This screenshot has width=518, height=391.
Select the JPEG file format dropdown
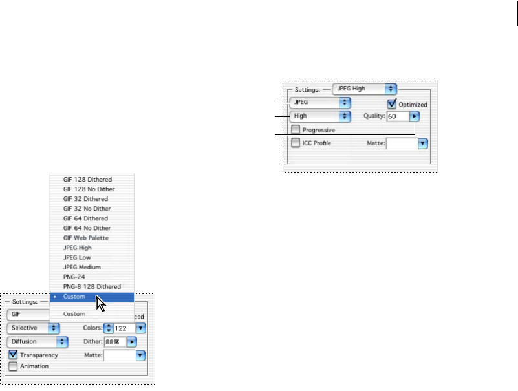click(x=320, y=102)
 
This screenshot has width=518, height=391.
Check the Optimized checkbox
click(x=392, y=104)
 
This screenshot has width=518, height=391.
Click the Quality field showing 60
click(x=397, y=116)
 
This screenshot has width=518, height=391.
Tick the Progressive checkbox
click(x=296, y=130)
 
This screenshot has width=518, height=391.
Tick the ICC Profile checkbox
click(x=296, y=143)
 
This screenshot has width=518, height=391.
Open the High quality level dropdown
click(x=320, y=116)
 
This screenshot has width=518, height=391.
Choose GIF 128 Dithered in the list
click(x=87, y=179)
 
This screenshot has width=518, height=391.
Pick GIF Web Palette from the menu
click(x=86, y=238)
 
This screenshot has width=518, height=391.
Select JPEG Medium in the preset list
click(x=82, y=267)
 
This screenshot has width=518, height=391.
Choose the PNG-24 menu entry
click(x=75, y=277)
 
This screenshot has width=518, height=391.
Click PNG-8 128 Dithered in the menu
click(x=92, y=286)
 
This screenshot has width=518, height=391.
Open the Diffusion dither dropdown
click(x=38, y=341)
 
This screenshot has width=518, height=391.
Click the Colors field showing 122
click(x=124, y=328)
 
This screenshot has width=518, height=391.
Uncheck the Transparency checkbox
click(x=14, y=355)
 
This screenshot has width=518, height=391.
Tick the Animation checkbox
click(x=14, y=366)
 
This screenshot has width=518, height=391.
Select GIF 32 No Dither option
click(x=87, y=209)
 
